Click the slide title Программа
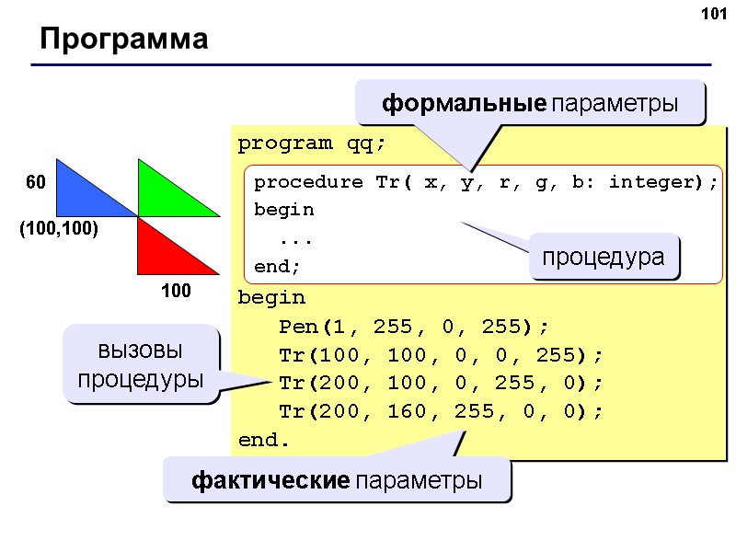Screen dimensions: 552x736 click(x=123, y=40)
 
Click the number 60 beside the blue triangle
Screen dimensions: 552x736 click(x=35, y=184)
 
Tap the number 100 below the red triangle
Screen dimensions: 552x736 click(x=176, y=292)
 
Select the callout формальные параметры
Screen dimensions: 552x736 click(x=531, y=104)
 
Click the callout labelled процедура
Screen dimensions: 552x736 click(x=604, y=257)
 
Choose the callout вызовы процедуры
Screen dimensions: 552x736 click(x=141, y=364)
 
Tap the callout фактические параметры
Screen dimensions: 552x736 click(x=337, y=479)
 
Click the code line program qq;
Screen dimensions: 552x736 click(x=313, y=144)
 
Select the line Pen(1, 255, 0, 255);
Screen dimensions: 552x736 click(x=414, y=328)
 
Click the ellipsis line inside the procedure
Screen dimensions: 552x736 click(x=296, y=239)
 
